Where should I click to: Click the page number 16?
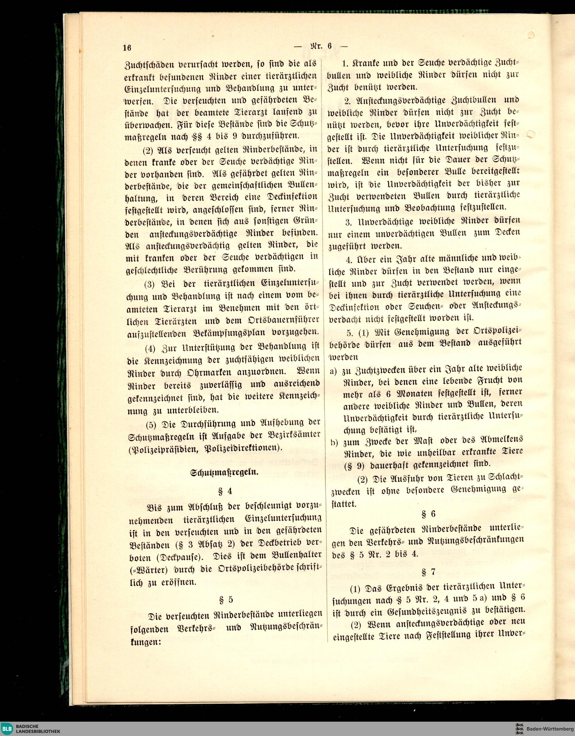127,48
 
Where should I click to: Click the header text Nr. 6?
321,46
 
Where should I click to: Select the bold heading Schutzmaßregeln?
225,472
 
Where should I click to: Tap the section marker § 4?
225,491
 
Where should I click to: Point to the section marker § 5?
226,600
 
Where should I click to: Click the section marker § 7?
429,572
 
